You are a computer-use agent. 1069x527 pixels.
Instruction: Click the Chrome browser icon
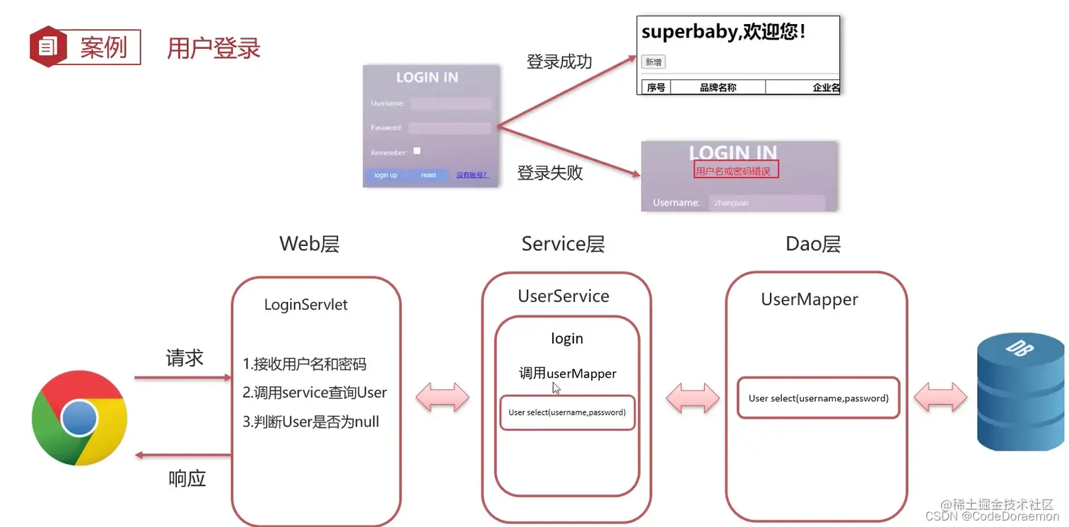click(x=79, y=418)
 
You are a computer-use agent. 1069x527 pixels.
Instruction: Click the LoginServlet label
click(x=305, y=305)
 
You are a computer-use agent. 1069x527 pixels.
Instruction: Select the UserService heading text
click(x=563, y=296)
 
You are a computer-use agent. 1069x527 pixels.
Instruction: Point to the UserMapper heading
click(x=809, y=299)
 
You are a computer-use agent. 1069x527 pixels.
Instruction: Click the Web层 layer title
click(x=309, y=244)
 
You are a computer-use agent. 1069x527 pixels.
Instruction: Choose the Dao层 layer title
click(x=812, y=244)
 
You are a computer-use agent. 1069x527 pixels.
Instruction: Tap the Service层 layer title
click(x=563, y=244)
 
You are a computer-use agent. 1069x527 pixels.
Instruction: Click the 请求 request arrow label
click(x=185, y=358)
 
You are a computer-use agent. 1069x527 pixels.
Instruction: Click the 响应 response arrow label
click(x=187, y=479)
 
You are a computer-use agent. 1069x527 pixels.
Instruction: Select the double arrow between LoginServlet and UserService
click(x=442, y=398)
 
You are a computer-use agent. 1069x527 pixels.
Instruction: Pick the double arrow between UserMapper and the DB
click(x=940, y=398)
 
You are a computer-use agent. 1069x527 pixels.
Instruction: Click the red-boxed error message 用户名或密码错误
click(x=735, y=171)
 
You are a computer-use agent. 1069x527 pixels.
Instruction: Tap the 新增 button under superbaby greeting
click(x=653, y=62)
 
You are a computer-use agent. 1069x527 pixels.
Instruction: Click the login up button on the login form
click(x=385, y=175)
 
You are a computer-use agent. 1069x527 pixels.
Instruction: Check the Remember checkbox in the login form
click(x=417, y=151)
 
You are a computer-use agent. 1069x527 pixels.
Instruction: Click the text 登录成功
click(x=559, y=62)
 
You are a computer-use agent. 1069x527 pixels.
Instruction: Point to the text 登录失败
click(x=549, y=173)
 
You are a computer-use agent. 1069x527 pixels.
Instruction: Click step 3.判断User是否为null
click(x=311, y=422)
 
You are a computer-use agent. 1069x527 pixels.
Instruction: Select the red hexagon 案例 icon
click(x=47, y=47)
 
